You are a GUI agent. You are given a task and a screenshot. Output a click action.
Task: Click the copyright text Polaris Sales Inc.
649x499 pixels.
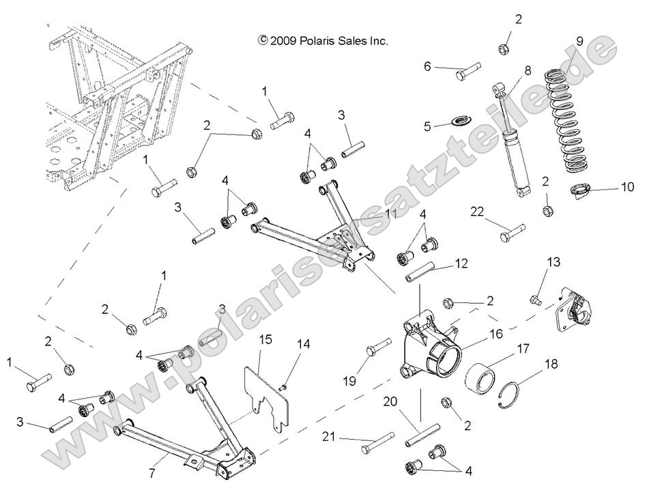pos(323,41)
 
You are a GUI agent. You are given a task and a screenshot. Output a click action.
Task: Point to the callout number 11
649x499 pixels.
pos(390,214)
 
